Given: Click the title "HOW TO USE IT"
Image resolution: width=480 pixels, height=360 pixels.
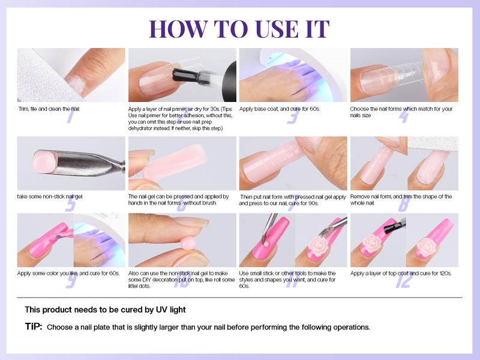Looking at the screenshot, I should tap(239, 29).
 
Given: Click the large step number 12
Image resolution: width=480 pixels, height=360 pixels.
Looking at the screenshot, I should tap(404, 279).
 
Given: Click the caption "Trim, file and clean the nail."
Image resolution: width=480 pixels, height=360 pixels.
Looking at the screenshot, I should tap(49, 109).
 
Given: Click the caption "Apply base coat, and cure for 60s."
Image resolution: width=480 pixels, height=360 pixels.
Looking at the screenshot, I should tap(278, 109).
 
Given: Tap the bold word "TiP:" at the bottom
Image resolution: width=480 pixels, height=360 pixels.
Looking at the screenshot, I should tap(32, 328).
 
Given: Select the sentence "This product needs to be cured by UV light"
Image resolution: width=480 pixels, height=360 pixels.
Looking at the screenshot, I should tap(105, 310).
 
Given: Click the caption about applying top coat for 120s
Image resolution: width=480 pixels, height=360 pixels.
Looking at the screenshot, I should tap(401, 273).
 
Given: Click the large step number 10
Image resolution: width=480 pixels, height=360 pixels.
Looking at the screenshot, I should tap(180, 280).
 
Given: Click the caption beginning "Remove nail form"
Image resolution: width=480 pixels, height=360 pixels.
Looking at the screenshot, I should tap(401, 200).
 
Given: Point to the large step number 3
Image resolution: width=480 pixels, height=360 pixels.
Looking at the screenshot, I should tap(292, 115).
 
